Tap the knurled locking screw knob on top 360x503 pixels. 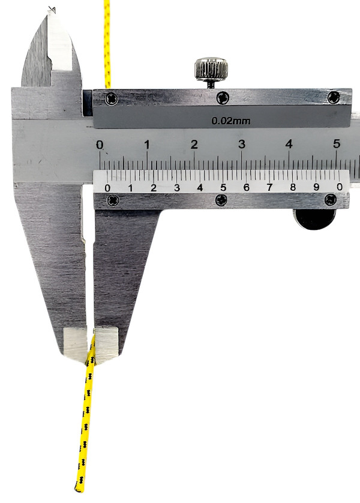click(x=211, y=68)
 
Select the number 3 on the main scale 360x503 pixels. click(x=242, y=144)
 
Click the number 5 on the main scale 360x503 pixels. click(x=336, y=144)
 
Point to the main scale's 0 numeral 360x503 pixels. click(x=100, y=145)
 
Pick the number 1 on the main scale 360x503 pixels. click(x=147, y=145)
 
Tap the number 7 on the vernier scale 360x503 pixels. click(x=269, y=187)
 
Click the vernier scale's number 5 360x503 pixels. click(x=223, y=187)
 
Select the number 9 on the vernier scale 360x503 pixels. click(x=316, y=187)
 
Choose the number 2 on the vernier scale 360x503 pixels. click(x=154, y=188)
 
